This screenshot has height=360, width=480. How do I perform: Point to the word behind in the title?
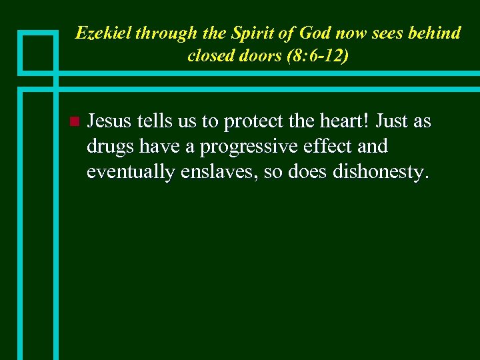click(433, 33)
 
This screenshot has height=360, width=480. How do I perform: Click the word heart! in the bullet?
click(346, 121)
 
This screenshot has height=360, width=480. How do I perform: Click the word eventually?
click(131, 173)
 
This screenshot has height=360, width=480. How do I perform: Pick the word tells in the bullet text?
click(154, 121)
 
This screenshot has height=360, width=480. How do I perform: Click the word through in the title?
click(159, 33)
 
